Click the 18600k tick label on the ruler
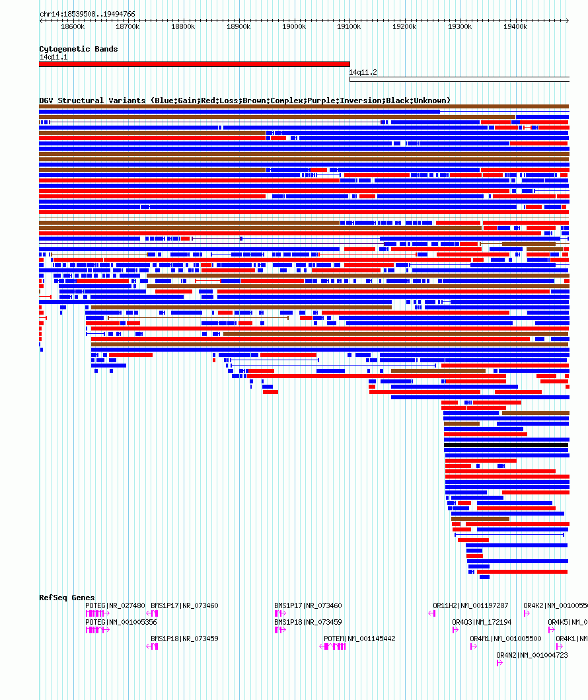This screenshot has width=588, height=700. tap(72, 26)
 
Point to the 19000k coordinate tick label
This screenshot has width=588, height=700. tap(294, 26)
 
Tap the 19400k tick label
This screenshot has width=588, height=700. tap(515, 26)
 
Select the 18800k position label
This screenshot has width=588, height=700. tap(183, 26)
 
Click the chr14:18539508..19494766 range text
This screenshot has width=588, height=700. tap(87, 14)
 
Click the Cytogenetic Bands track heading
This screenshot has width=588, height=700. tap(78, 49)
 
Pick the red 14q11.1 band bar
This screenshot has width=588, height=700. tap(194, 64)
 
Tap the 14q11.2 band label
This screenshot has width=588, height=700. tap(363, 72)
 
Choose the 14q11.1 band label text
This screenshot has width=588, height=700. tap(53, 57)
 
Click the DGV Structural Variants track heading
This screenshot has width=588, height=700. tap(244, 100)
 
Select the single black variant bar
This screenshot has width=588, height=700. tap(506, 445)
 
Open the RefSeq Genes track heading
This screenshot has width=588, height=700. tap(67, 598)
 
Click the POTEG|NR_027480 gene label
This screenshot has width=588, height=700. tap(115, 605)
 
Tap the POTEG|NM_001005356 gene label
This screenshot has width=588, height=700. tap(121, 622)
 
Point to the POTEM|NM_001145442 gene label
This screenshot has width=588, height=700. tap(359, 639)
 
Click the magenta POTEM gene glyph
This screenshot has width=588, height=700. tap(334, 646)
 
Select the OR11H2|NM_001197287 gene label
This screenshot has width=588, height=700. tap(470, 605)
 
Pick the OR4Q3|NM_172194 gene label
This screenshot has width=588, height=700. tap(482, 622)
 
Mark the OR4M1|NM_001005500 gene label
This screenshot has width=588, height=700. tap(505, 639)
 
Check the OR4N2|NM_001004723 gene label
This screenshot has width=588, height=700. tap(532, 655)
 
